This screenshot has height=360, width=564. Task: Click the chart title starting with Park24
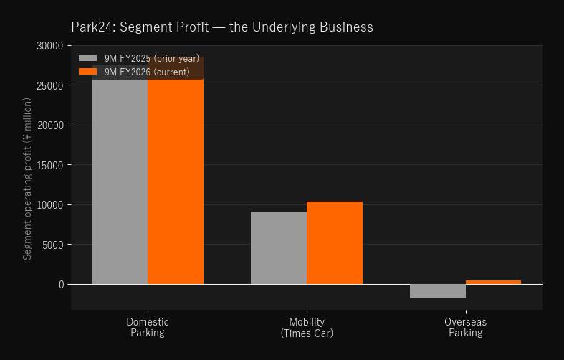point(222,27)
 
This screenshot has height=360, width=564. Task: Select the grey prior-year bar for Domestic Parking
point(120,174)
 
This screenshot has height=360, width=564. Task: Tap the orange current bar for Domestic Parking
point(176,170)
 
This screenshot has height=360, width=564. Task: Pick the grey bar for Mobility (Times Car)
point(279,247)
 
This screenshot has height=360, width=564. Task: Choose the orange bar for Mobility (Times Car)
point(335,242)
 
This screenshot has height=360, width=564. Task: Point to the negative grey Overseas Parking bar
point(438,291)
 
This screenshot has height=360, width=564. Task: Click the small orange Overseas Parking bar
point(493,283)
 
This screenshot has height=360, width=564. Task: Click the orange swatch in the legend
point(87,72)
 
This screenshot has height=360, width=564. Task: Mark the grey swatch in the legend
point(87,58)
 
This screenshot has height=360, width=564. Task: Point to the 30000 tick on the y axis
point(50,46)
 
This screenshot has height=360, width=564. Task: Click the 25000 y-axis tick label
point(50,85)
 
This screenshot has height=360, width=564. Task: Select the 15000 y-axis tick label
point(50,165)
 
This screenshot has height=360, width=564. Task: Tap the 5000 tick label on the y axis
point(53,245)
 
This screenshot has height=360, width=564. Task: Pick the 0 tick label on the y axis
point(62,285)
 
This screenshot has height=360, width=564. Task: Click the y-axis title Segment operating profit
point(27,179)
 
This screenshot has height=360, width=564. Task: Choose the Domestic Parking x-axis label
point(148,327)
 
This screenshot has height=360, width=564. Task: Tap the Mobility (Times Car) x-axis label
point(307,327)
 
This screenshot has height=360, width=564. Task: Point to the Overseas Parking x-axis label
point(465,327)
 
